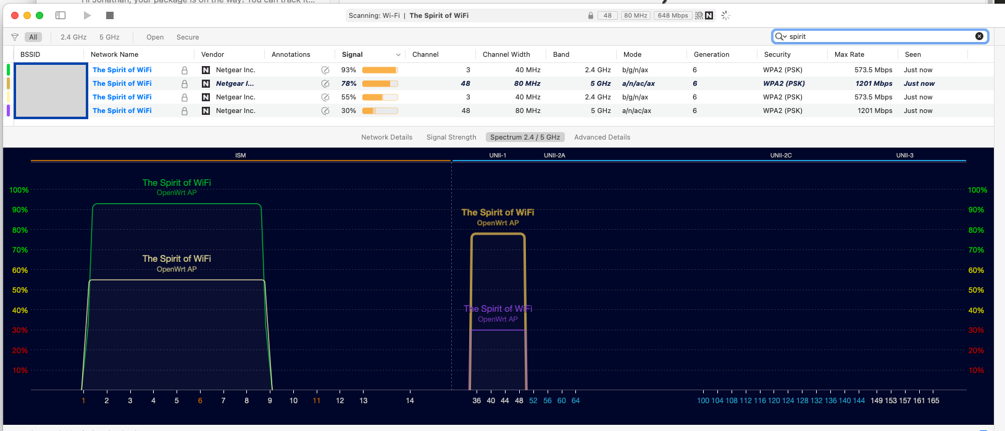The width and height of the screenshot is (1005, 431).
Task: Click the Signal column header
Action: (352, 54)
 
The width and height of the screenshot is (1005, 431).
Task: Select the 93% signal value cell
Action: (349, 70)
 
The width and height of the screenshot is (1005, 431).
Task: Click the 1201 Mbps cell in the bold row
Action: (874, 83)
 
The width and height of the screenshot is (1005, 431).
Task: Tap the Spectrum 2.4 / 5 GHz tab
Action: (525, 137)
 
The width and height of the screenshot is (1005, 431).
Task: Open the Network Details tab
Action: (386, 137)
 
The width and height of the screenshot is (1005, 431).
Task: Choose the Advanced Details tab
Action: (602, 137)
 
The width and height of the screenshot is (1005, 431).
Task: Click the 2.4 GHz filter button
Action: (73, 37)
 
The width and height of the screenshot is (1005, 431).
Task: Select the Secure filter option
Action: (188, 37)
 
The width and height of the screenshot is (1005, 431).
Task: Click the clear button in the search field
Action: (979, 36)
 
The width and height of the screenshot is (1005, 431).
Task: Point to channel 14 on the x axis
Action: (410, 401)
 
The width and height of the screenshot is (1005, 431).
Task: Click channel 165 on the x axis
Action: (933, 401)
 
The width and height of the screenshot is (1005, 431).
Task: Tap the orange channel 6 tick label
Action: (200, 401)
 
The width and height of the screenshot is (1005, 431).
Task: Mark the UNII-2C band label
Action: (781, 156)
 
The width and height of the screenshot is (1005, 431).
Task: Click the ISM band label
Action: (241, 156)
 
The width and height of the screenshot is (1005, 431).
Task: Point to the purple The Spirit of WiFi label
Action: (498, 309)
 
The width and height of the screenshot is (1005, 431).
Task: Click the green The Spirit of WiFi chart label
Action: (177, 183)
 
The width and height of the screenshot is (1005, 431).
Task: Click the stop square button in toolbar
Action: (110, 15)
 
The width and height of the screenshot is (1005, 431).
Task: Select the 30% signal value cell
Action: (349, 111)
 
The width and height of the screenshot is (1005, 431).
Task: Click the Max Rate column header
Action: (849, 54)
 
